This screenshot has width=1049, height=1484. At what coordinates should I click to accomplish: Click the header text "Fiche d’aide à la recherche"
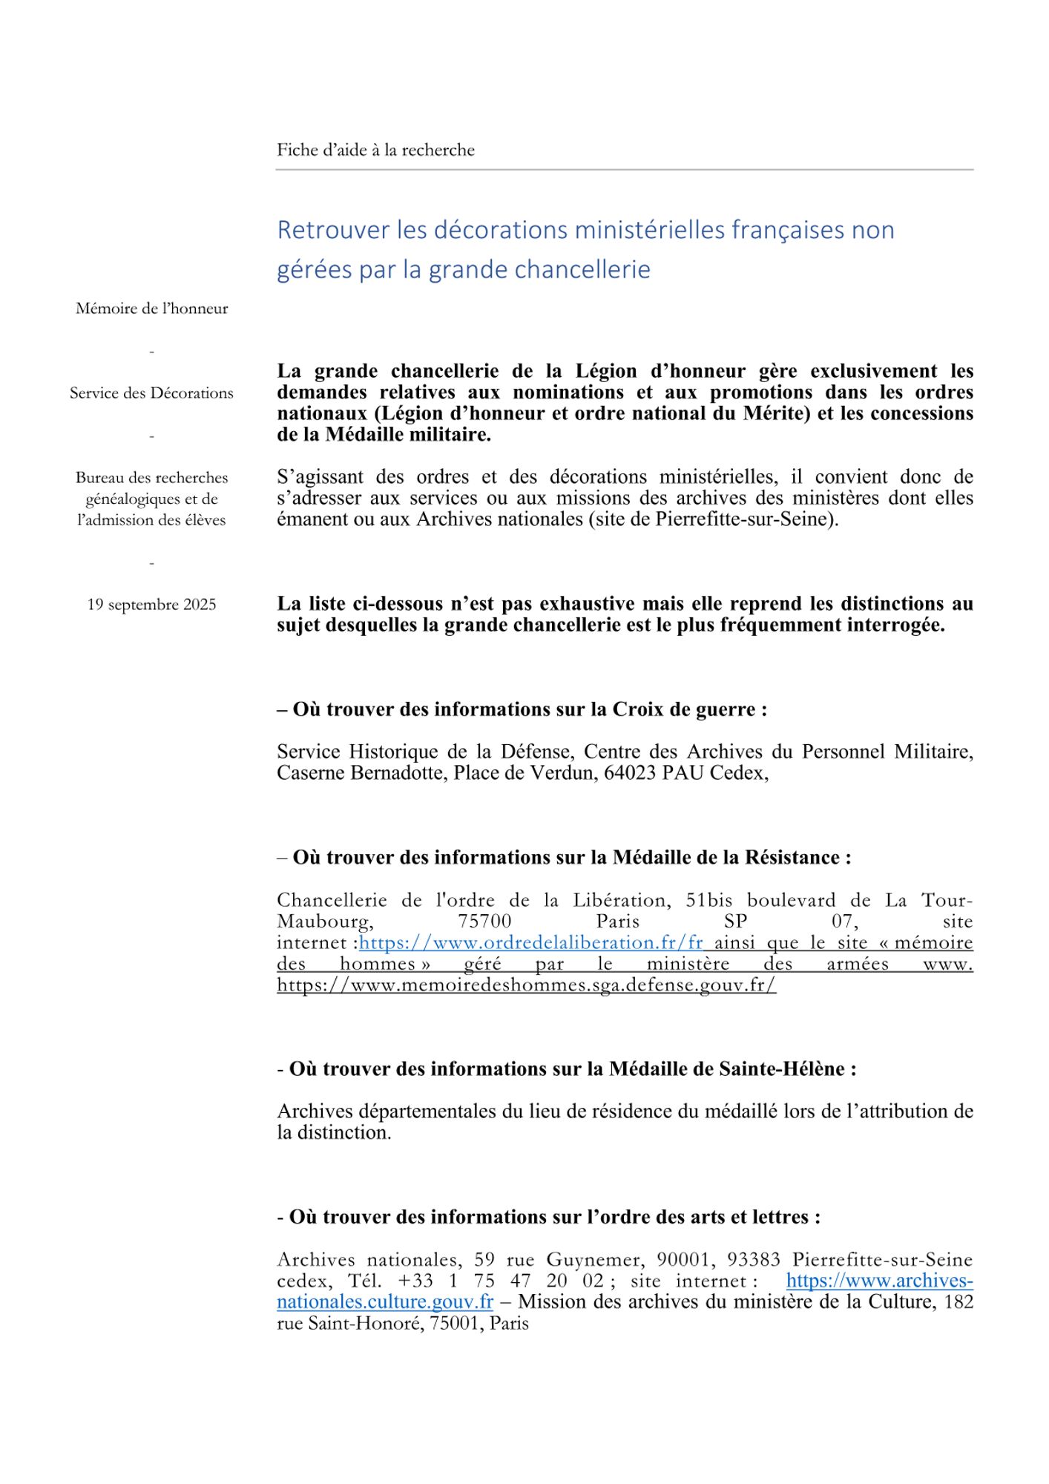pyautogui.click(x=375, y=150)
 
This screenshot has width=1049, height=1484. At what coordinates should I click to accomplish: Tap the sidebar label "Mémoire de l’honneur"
pyautogui.click(x=151, y=309)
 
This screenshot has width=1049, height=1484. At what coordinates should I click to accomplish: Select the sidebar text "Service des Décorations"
pyautogui.click(x=151, y=393)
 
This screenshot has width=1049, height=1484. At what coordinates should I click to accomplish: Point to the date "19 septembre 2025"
pyautogui.click(x=151, y=605)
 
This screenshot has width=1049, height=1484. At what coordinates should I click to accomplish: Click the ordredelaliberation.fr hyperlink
pyautogui.click(x=530, y=943)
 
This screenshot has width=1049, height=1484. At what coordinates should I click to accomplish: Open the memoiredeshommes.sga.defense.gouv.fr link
pyautogui.click(x=526, y=985)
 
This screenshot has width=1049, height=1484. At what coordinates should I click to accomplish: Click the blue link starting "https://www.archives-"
pyautogui.click(x=879, y=1281)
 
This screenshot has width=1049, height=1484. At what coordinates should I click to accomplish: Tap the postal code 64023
pyautogui.click(x=630, y=773)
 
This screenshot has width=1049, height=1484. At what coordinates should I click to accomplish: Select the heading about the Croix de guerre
pyautogui.click(x=522, y=709)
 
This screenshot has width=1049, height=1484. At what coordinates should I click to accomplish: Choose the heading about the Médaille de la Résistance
pyautogui.click(x=564, y=858)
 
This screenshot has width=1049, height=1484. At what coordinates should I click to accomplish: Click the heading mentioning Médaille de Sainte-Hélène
pyautogui.click(x=566, y=1069)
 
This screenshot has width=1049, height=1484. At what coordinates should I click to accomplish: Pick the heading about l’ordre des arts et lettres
pyautogui.click(x=548, y=1218)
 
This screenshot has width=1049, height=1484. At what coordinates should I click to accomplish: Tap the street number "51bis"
pyautogui.click(x=708, y=901)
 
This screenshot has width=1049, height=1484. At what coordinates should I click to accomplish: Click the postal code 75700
pyautogui.click(x=484, y=922)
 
